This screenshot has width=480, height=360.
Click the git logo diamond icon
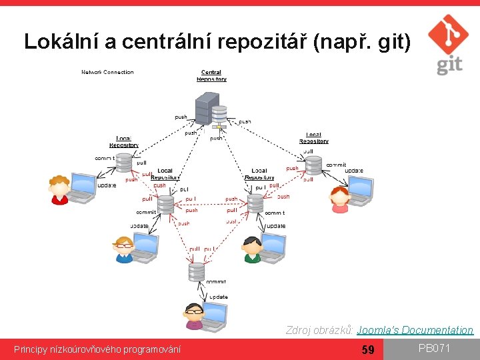click(x=447, y=35)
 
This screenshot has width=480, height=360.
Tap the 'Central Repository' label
click(x=211, y=75)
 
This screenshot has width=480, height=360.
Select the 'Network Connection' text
click(x=107, y=72)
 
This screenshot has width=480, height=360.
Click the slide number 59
click(x=367, y=349)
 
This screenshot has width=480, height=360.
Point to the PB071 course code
click(x=434, y=348)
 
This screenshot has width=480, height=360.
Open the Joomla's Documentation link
click(x=415, y=330)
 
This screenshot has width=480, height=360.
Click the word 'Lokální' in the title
click(x=61, y=41)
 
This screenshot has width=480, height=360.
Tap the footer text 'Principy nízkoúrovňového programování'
click(x=97, y=349)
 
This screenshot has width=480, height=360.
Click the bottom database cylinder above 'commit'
click(x=196, y=271)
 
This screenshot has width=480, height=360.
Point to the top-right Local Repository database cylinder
click(x=313, y=164)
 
